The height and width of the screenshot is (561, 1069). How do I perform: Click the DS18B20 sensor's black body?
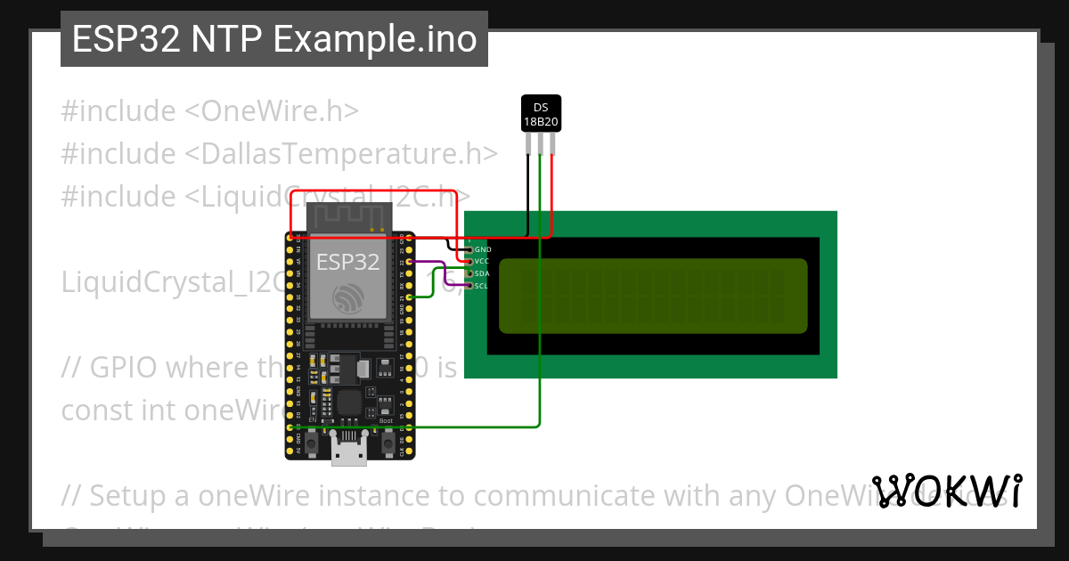tap(541, 114)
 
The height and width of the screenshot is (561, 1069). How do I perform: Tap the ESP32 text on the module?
tap(348, 262)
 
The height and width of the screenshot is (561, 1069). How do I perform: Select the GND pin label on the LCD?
tap(482, 250)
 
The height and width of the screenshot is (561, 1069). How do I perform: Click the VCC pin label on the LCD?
tap(482, 262)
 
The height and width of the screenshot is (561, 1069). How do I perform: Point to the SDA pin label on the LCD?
tap(482, 273)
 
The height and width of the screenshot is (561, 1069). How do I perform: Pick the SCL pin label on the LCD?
tap(482, 286)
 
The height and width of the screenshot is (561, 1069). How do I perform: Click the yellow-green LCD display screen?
tap(653, 296)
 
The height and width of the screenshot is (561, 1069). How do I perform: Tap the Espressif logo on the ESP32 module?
tap(348, 297)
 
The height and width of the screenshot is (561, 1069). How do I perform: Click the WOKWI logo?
tap(947, 492)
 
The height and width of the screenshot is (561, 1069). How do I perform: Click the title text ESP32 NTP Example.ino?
tap(273, 39)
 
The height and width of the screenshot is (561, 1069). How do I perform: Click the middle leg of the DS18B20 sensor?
tap(541, 143)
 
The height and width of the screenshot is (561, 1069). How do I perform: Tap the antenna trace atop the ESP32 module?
tap(348, 216)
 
